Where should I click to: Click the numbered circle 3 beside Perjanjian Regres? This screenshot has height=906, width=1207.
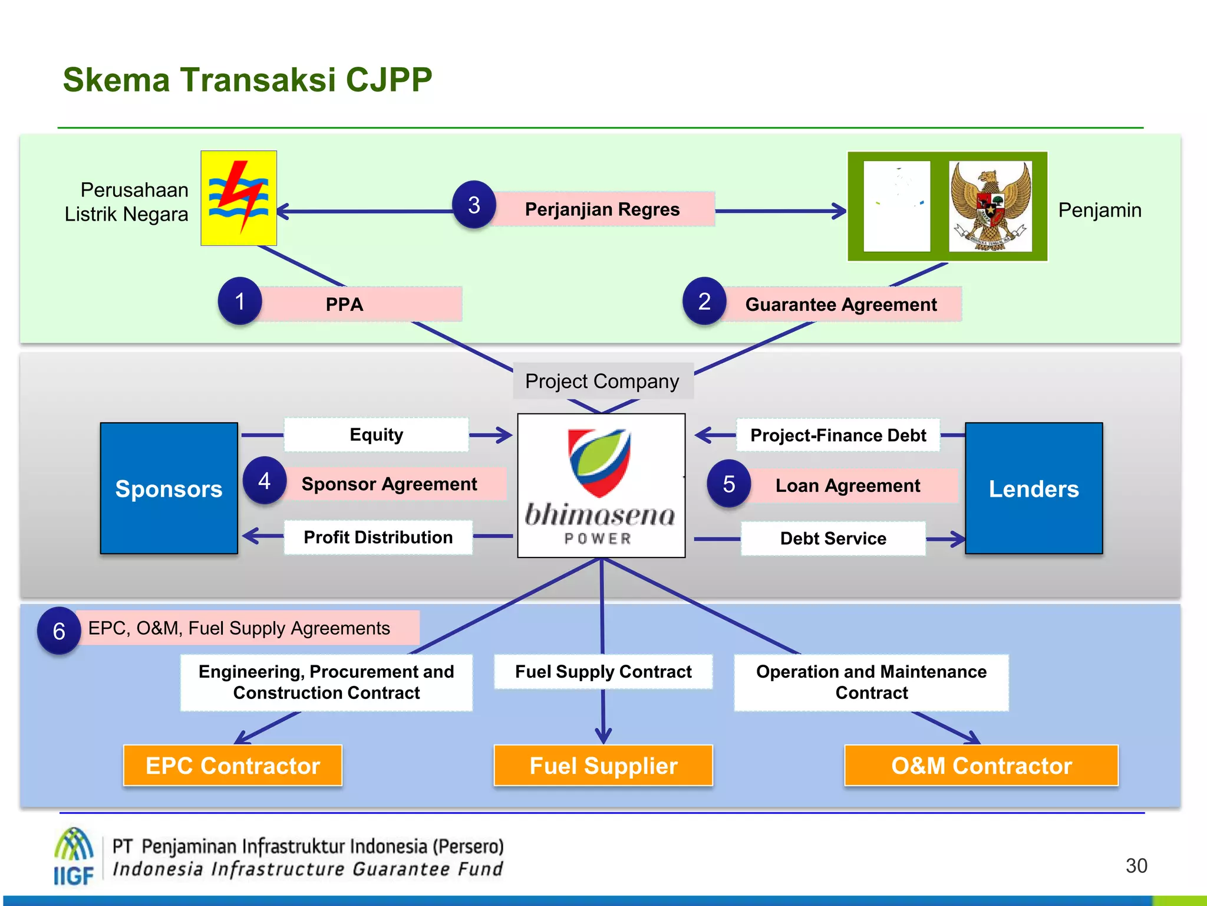(474, 205)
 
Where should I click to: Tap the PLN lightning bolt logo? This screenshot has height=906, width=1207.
(239, 198)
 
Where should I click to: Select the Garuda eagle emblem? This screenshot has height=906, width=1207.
(991, 206)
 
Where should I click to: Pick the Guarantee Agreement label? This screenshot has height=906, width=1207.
(841, 304)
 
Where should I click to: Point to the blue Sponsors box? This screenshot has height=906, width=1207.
(169, 488)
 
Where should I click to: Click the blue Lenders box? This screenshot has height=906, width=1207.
(1034, 488)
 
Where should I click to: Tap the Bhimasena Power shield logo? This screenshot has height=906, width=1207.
(599, 464)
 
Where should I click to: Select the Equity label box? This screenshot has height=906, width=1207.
(376, 435)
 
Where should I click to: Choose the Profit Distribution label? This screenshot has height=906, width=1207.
(378, 537)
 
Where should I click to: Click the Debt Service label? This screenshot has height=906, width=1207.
(833, 539)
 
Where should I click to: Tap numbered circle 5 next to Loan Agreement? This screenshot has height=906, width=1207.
(729, 484)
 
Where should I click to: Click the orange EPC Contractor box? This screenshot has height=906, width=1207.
(233, 766)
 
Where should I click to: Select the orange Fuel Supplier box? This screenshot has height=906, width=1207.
(603, 766)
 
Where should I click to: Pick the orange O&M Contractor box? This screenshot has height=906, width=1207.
(981, 766)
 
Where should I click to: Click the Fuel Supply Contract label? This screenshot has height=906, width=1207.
(603, 672)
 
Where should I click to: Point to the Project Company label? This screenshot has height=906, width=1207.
(602, 381)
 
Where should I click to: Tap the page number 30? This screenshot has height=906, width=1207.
(1136, 866)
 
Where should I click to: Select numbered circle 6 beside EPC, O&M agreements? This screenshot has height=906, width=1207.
(59, 631)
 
